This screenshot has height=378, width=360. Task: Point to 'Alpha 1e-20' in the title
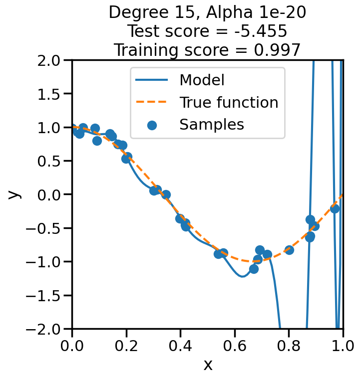(264, 12)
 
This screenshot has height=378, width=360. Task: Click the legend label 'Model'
(202, 80)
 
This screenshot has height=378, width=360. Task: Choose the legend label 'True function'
(229, 102)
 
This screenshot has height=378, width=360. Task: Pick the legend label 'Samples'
(212, 125)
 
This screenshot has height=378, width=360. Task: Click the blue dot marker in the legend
(152, 125)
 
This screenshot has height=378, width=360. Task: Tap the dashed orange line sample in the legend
(152, 102)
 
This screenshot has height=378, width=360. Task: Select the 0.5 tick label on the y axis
(49, 161)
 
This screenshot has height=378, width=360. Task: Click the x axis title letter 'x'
(208, 365)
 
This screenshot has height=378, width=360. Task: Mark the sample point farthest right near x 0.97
(335, 208)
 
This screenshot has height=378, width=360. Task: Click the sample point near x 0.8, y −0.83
(289, 250)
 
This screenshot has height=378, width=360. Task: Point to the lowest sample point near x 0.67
(254, 269)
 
